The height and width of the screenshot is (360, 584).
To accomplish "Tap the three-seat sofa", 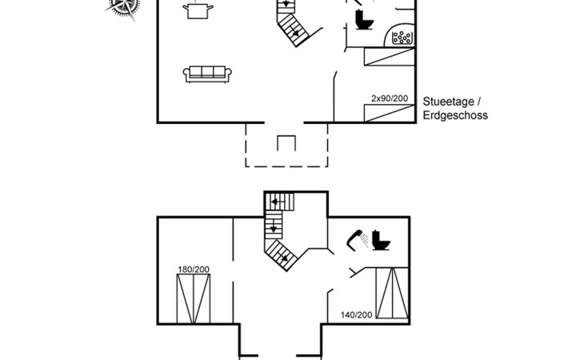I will pos(207,74).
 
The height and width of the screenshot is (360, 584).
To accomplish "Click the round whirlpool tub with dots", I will pos(401,36).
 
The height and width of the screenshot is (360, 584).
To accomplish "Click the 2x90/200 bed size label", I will pos(390,98).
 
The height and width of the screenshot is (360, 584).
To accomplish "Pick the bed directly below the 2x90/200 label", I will pos(390,113).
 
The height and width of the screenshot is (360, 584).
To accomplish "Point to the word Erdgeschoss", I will pos(455,115).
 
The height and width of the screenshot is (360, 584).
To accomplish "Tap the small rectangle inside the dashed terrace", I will pos(286,143).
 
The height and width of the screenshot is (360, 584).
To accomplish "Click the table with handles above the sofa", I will pos(198,10).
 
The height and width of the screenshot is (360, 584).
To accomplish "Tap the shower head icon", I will pos(356,238).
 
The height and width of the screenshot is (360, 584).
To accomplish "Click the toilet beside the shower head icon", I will pos(380,241).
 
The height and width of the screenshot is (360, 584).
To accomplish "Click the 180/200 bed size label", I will pos(193,269).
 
